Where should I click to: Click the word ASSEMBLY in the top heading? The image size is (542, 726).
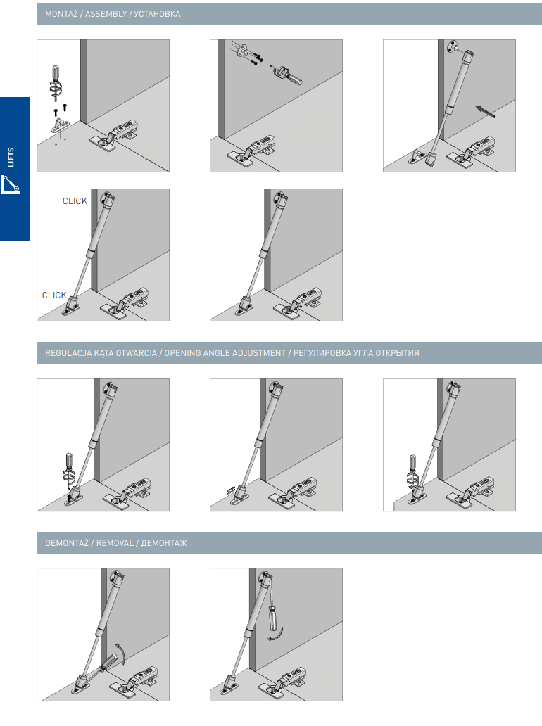106,14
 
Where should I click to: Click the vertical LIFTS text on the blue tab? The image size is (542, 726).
11,158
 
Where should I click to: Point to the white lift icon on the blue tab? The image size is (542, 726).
10,184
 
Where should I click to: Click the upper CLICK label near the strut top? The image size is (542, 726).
75,201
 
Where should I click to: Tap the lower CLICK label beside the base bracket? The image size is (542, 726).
54,295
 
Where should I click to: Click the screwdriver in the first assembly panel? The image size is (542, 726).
56,83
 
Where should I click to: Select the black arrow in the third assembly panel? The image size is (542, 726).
485,112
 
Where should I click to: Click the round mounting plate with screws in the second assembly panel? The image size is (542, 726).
241,49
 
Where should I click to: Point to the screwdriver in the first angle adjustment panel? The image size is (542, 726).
69,469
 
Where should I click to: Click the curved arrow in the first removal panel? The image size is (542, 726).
120,654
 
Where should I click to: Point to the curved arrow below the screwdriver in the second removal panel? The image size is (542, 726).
276,635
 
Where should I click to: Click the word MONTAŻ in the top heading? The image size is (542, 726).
62,14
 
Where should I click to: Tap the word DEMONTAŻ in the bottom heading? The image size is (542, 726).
67,542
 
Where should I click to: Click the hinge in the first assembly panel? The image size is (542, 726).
115,136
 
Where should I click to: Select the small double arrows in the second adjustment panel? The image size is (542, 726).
231,490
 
